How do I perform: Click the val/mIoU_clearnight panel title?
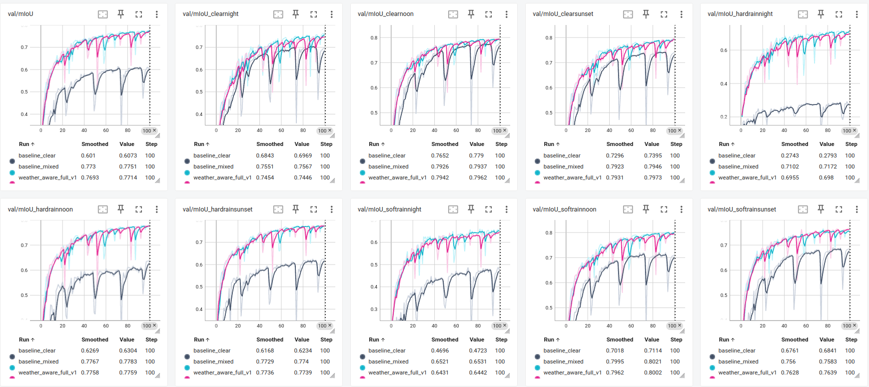[x=210, y=14]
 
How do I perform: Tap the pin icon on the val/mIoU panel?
[x=121, y=14]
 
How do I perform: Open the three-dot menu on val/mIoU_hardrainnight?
[x=857, y=14]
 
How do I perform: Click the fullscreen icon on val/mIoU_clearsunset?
[x=664, y=14]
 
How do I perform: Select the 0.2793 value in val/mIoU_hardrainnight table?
[x=828, y=155]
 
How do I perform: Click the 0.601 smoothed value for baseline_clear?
[x=88, y=155]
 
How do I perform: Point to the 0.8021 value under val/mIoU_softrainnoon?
[x=653, y=361]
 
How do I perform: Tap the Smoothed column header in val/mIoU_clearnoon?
[x=445, y=144]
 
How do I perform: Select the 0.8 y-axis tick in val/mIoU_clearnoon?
[x=374, y=37]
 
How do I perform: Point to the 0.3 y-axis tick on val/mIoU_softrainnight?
[x=374, y=309]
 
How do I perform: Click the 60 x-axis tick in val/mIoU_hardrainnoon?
[x=106, y=325]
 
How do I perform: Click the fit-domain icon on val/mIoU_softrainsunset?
[x=803, y=209]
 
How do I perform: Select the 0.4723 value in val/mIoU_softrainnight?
[x=478, y=350]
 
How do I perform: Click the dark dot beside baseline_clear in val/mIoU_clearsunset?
[x=537, y=161]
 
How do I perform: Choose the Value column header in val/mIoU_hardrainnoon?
[x=127, y=339]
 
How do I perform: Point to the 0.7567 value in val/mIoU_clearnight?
[x=303, y=166]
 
